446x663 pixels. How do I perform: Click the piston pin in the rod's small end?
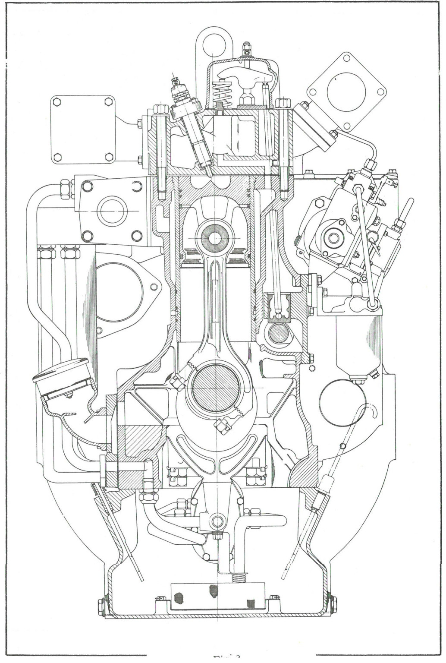pyautogui.click(x=214, y=237)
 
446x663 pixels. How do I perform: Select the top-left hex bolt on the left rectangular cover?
pyautogui.click(x=57, y=103)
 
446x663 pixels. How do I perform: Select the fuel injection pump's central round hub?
pyautogui.click(x=333, y=237)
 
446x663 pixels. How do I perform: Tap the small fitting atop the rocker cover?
pyautogui.click(x=246, y=47)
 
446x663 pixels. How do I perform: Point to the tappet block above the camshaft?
pyautogui.click(x=277, y=307)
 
